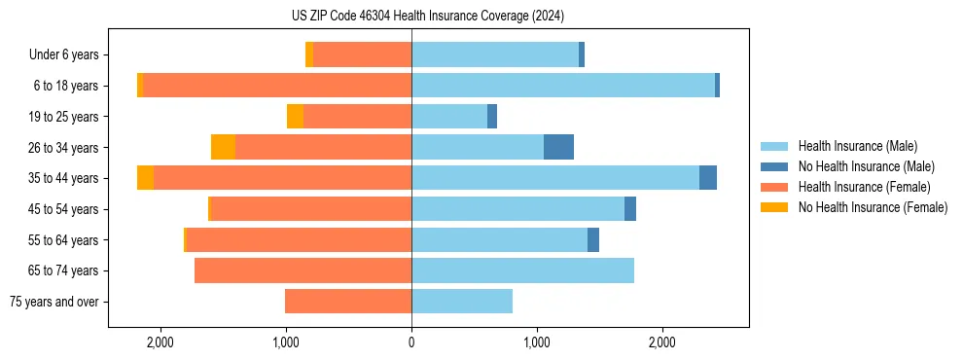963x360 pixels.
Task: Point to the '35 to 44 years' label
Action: click(x=63, y=178)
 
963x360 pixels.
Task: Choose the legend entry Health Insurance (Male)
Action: click(x=857, y=146)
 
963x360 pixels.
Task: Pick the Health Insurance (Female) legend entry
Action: click(x=864, y=187)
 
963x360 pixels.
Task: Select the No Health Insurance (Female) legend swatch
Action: click(x=775, y=207)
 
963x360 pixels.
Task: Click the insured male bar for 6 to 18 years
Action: click(x=563, y=86)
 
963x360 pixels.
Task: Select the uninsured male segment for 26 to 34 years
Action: click(x=558, y=147)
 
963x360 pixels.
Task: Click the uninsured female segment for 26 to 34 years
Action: click(x=223, y=147)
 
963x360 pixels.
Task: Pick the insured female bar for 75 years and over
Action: click(x=348, y=302)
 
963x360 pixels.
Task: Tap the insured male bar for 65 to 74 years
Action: click(x=522, y=270)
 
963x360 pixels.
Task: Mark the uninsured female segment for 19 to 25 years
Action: click(x=295, y=117)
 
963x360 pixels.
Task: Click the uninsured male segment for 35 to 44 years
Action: click(x=708, y=178)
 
